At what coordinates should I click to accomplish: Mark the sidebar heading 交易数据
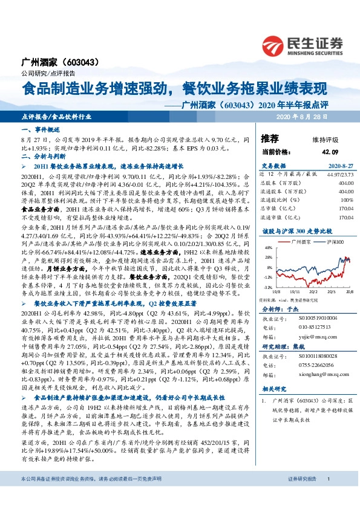tap(272, 164)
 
